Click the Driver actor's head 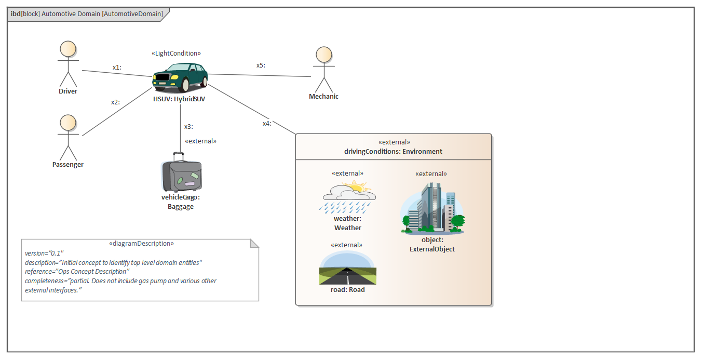pyautogui.click(x=67, y=49)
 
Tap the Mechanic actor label pyautogui.click(x=323, y=97)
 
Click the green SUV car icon pyautogui.click(x=180, y=77)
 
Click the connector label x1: pyautogui.click(x=117, y=68)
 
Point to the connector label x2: pyautogui.click(x=115, y=102)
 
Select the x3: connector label pyautogui.click(x=188, y=126)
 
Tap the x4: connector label pyautogui.click(x=267, y=124)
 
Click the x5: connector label pyautogui.click(x=261, y=65)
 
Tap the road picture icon pyautogui.click(x=347, y=268)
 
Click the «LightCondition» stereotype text pyautogui.click(x=176, y=54)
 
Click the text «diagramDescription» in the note pyautogui.click(x=141, y=243)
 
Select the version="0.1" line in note pyautogui.click(x=44, y=253)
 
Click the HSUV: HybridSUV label pyautogui.click(x=179, y=99)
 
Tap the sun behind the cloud pyautogui.click(x=357, y=186)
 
